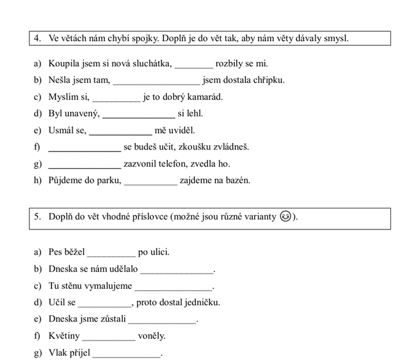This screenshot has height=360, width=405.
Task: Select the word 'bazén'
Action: (237, 180)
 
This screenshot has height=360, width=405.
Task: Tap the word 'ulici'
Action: (158, 252)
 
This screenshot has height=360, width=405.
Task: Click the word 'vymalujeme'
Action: (107, 286)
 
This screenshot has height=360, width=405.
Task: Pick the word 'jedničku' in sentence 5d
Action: (201, 302)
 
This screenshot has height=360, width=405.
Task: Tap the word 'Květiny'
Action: (64, 336)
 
